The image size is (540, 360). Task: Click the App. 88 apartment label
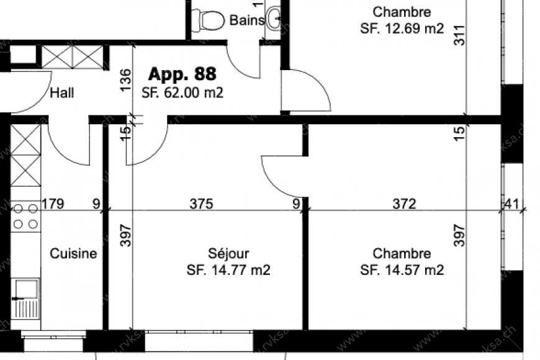pyautogui.click(x=182, y=74)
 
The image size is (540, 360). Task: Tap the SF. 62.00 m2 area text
pyautogui.click(x=182, y=93)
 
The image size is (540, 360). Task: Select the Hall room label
pyautogui.click(x=62, y=93)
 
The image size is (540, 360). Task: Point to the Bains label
pyautogui.click(x=247, y=20)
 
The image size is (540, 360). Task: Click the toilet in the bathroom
pyautogui.click(x=209, y=20)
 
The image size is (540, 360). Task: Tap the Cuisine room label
pyautogui.click(x=73, y=253)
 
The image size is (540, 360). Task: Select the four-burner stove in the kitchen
pyautogui.click(x=25, y=216)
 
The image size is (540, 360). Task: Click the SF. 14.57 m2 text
pyautogui.click(x=402, y=270)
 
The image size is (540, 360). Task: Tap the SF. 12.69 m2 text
pyautogui.click(x=402, y=28)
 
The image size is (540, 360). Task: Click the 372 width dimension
pyautogui.click(x=405, y=203)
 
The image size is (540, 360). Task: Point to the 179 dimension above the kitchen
pyautogui.click(x=53, y=203)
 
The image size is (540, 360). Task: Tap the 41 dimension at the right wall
pyautogui.click(x=513, y=203)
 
